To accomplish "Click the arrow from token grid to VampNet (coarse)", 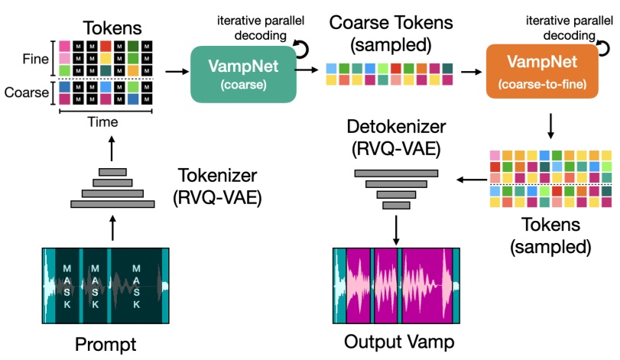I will click(x=175, y=72).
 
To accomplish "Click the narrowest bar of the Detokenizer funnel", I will click(x=396, y=206).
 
